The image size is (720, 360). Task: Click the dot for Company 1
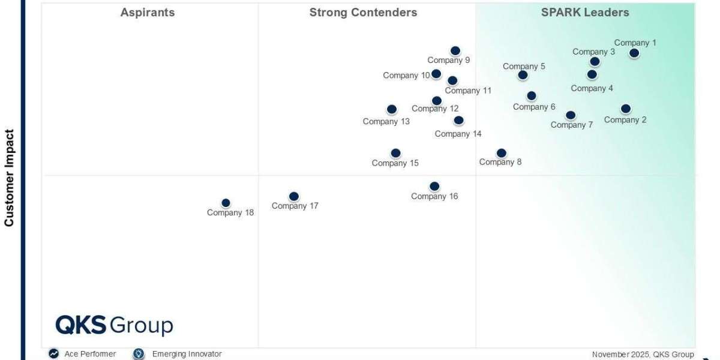coord(634,53)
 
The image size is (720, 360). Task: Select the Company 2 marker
coord(626,109)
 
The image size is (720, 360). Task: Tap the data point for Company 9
coord(455,51)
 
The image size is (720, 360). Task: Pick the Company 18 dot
coord(226,203)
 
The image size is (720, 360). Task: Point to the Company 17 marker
coord(293,196)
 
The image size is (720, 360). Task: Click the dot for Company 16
coord(434,186)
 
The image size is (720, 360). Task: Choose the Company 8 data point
coord(502,153)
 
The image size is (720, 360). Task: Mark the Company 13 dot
coord(392,109)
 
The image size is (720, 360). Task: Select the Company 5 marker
coord(523,75)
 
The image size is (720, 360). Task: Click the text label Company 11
coord(468,91)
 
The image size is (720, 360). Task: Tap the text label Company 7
coord(572,125)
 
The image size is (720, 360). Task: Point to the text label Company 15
coord(395,163)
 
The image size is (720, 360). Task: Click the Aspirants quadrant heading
coord(148,12)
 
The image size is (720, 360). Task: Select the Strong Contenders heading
coord(363,12)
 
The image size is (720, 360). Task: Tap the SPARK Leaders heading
coord(585,12)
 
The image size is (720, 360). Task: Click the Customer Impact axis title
coord(9,178)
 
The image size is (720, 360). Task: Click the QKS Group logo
coord(114,326)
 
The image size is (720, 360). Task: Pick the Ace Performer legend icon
coord(54,354)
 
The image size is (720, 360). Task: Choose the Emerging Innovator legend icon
coord(139,354)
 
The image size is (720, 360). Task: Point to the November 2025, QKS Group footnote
coord(643,355)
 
